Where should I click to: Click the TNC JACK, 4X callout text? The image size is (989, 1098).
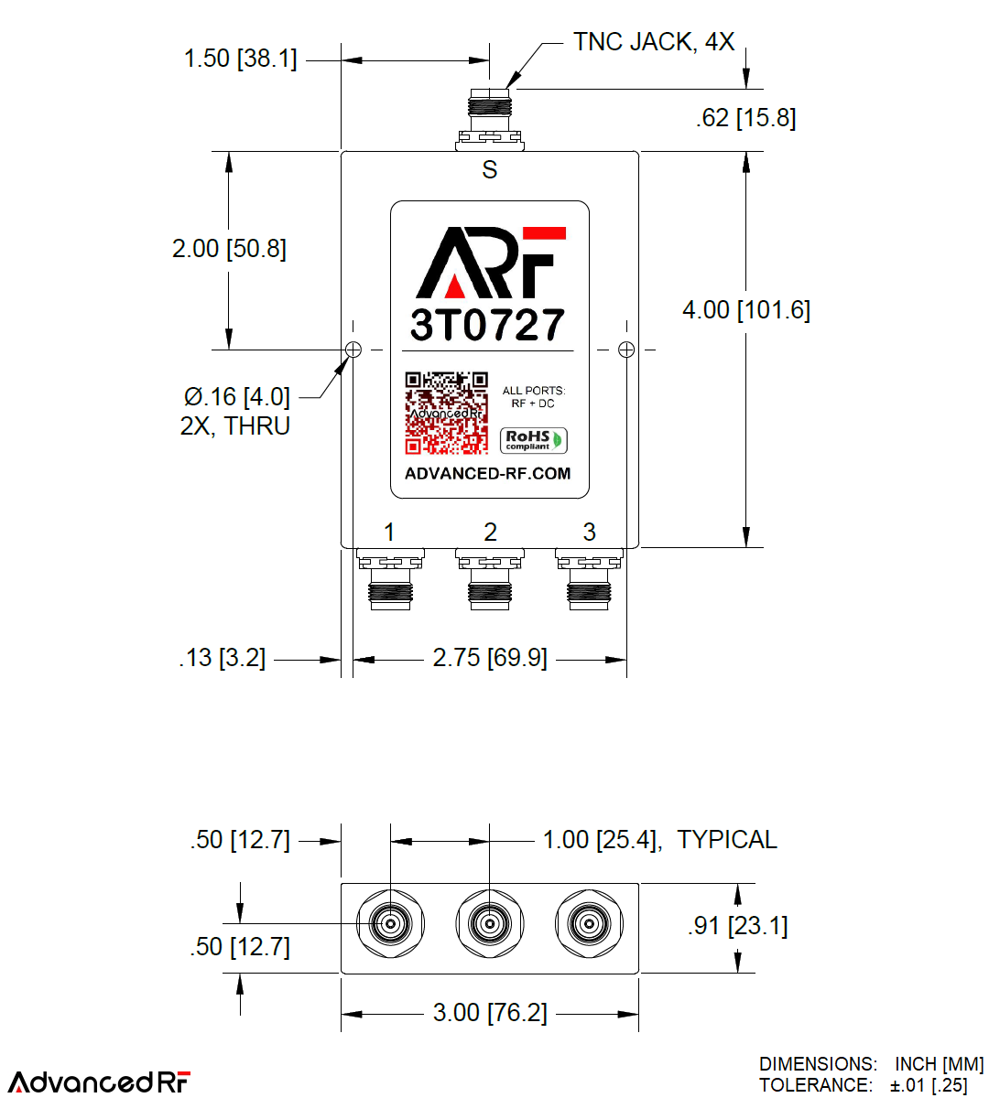[653, 42]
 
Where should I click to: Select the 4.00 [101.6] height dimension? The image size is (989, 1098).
[745, 310]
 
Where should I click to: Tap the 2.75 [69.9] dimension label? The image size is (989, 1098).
[490, 658]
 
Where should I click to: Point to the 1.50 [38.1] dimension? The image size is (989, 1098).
[240, 59]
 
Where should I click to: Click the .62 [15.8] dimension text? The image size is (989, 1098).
[745, 118]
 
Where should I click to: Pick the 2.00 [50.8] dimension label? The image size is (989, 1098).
[229, 249]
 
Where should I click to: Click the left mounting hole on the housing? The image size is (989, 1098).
[353, 350]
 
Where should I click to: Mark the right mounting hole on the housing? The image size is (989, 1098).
[626, 350]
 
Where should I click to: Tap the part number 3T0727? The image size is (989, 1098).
[488, 325]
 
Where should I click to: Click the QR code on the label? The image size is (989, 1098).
[446, 413]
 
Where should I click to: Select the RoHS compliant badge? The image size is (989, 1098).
[534, 440]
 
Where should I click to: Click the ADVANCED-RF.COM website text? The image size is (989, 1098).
[488, 474]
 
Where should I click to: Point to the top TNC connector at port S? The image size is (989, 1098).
[490, 119]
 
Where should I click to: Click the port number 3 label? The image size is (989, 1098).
[589, 532]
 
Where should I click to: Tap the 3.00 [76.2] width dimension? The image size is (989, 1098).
[490, 1013]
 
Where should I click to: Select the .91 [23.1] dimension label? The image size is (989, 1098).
[737, 926]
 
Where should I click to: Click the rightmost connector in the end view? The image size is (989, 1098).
[589, 924]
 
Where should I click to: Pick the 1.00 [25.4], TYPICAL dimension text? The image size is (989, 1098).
[659, 840]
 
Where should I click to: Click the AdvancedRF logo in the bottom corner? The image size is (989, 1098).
[100, 1082]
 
